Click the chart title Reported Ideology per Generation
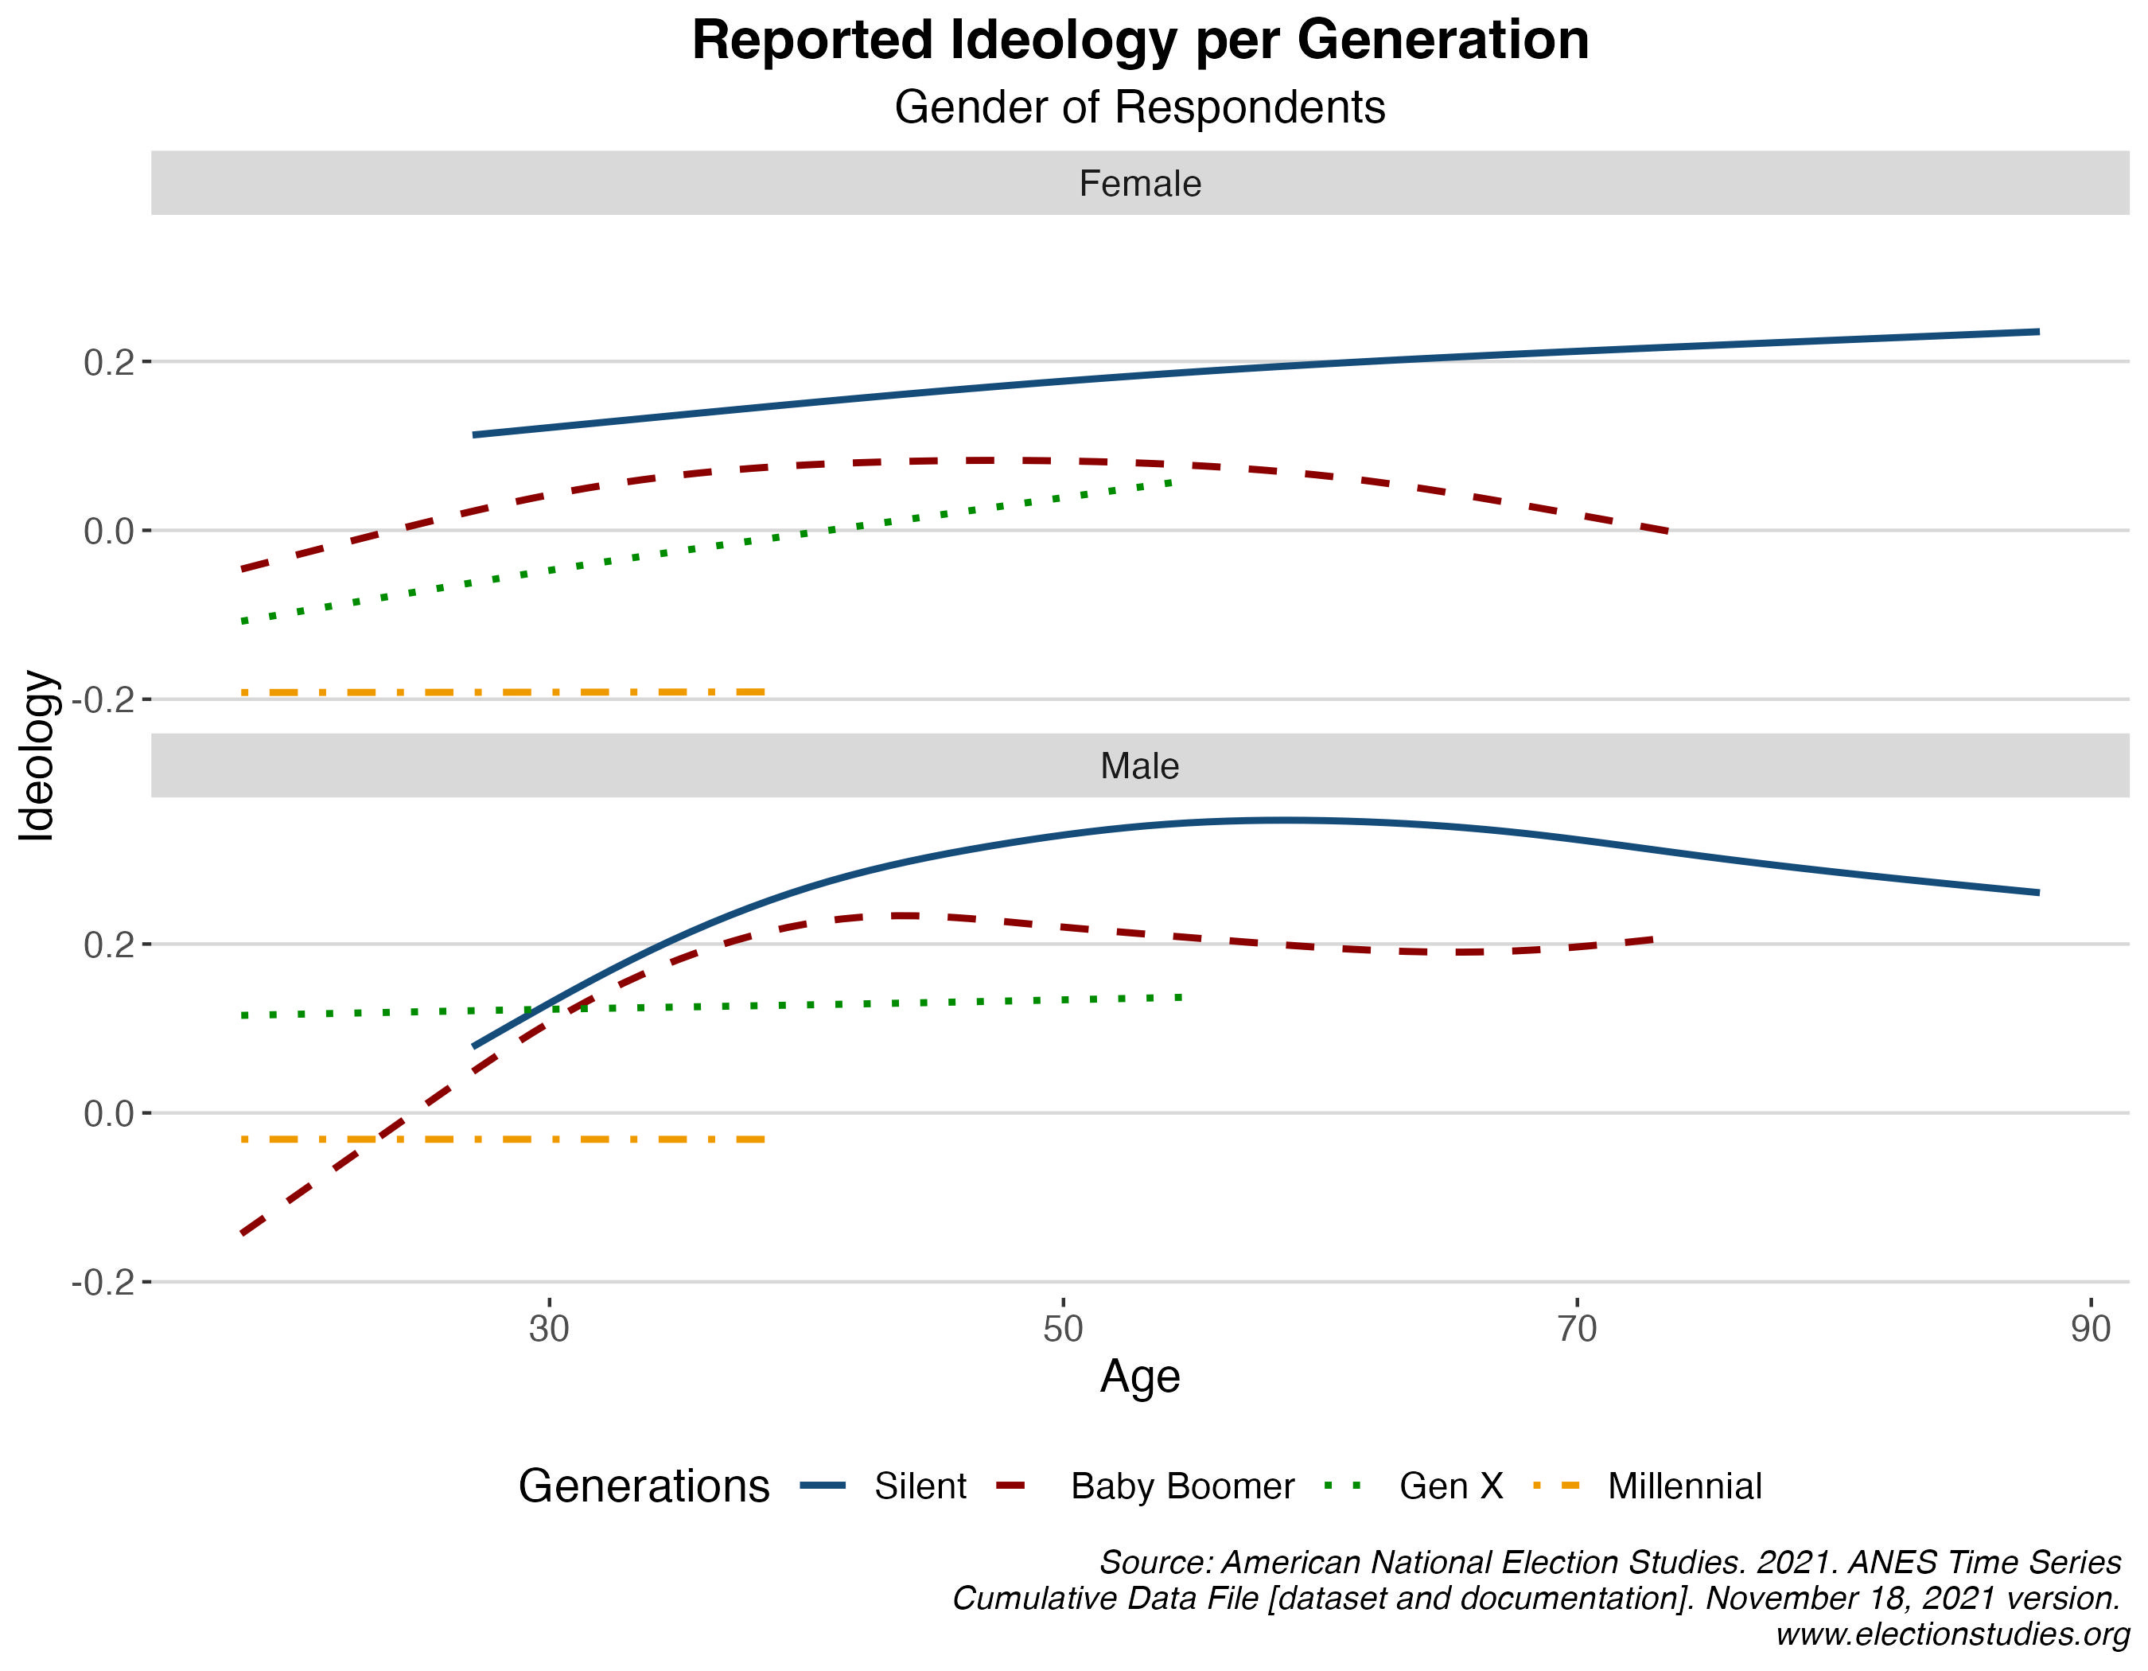(1140, 41)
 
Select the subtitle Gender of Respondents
(1140, 107)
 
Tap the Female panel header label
(1140, 184)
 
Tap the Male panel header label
(1140, 766)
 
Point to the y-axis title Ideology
(37, 755)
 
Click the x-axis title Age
(1140, 1377)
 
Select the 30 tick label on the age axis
(549, 1329)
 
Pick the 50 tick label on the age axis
(1062, 1329)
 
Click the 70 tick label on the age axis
(1577, 1329)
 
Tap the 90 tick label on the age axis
(2090, 1329)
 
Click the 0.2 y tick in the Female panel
(108, 363)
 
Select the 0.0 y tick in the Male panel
(108, 1114)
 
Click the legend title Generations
(644, 1486)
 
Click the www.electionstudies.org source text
(1951, 1634)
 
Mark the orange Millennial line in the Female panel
(501, 692)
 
